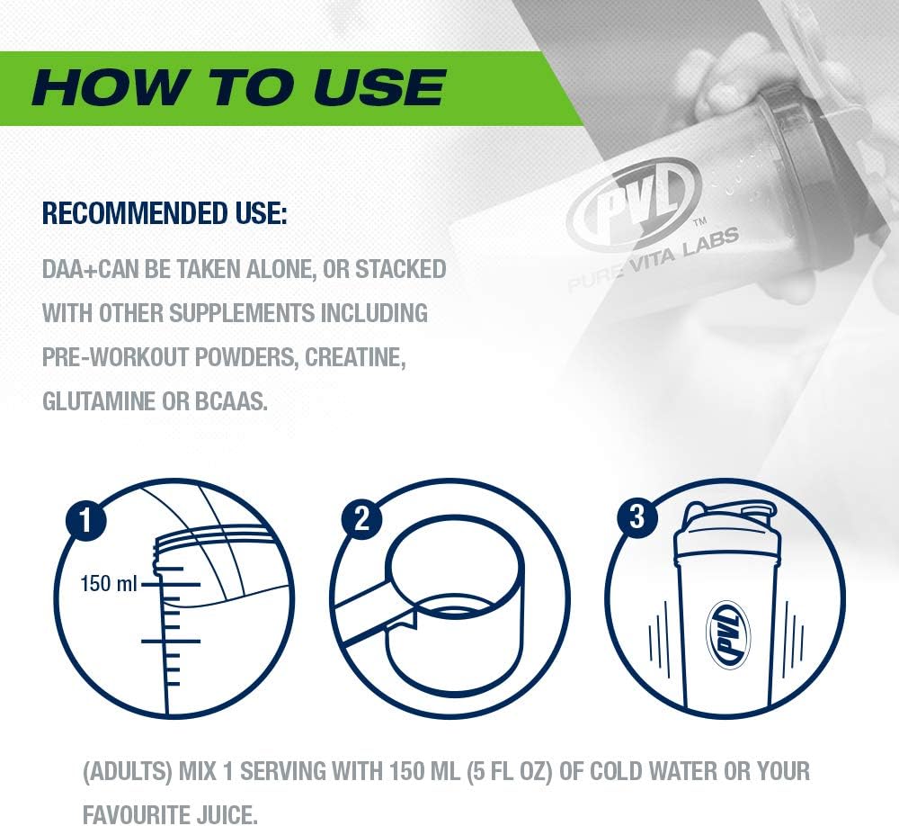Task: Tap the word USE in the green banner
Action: [379, 87]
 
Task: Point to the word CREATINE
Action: [355, 357]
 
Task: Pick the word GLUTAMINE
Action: [99, 401]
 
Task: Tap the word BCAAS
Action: [231, 401]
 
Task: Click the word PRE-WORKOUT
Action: [115, 357]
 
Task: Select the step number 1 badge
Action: [86, 521]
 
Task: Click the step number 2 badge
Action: [361, 518]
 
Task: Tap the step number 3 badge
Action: [637, 516]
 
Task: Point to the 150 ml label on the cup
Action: [109, 584]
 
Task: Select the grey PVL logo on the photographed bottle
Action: [634, 201]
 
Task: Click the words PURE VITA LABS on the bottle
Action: [653, 259]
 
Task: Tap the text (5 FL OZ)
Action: [509, 771]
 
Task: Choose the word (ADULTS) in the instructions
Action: [128, 771]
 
